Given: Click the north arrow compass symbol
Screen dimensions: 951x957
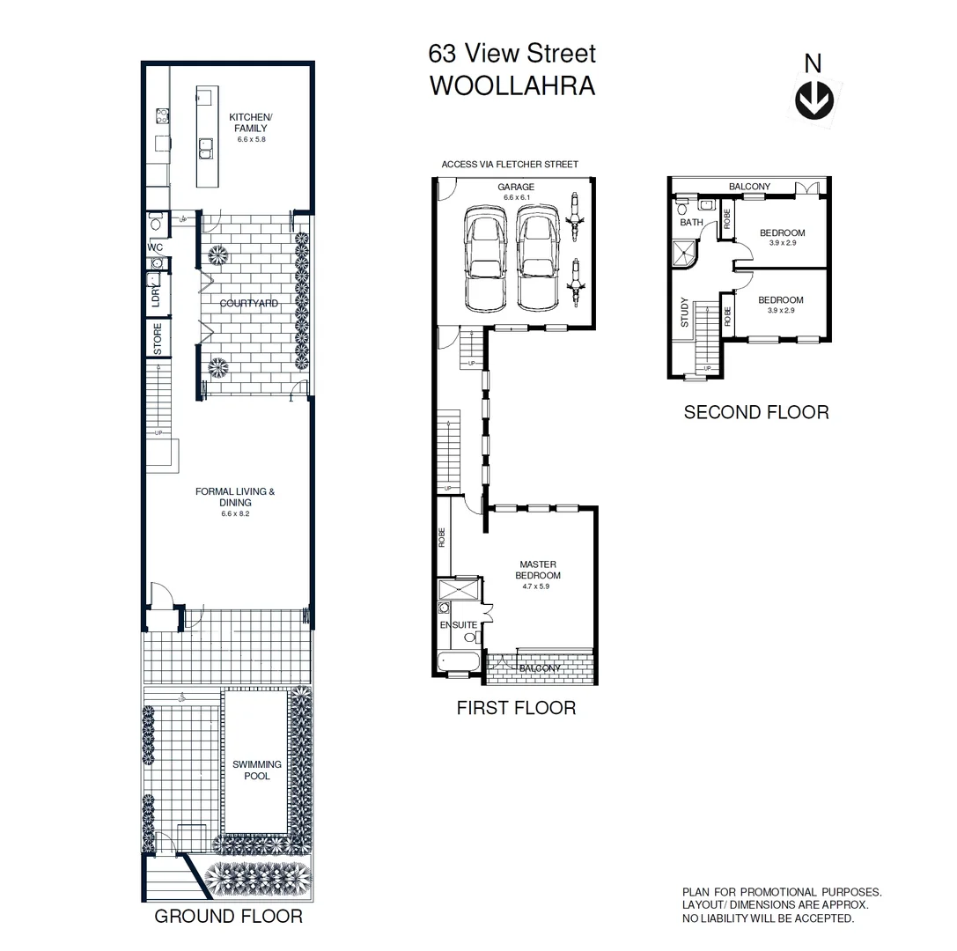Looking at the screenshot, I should (813, 100).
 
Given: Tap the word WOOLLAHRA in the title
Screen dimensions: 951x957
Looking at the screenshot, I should (512, 86).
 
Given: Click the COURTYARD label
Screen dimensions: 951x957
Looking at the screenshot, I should (249, 303).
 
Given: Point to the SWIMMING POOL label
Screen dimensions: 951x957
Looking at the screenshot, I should (257, 770).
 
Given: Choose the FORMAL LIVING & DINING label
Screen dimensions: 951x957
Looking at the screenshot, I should (235, 498).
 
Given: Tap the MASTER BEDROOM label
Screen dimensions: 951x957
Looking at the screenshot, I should (539, 570).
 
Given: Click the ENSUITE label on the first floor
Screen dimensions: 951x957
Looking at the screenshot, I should (458, 625).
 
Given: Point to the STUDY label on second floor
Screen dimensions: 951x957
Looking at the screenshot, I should (685, 313).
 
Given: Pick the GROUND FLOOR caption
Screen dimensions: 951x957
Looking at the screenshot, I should (228, 917).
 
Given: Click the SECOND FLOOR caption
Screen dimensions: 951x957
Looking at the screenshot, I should (755, 412).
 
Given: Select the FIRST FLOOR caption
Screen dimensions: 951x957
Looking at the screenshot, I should (516, 708).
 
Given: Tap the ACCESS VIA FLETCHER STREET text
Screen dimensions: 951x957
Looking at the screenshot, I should (510, 165).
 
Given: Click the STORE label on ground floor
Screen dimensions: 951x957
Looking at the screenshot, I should (158, 340).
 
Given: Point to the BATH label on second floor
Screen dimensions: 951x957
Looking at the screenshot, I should (691, 223).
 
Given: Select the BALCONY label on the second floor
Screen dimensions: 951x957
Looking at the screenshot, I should (749, 187).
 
